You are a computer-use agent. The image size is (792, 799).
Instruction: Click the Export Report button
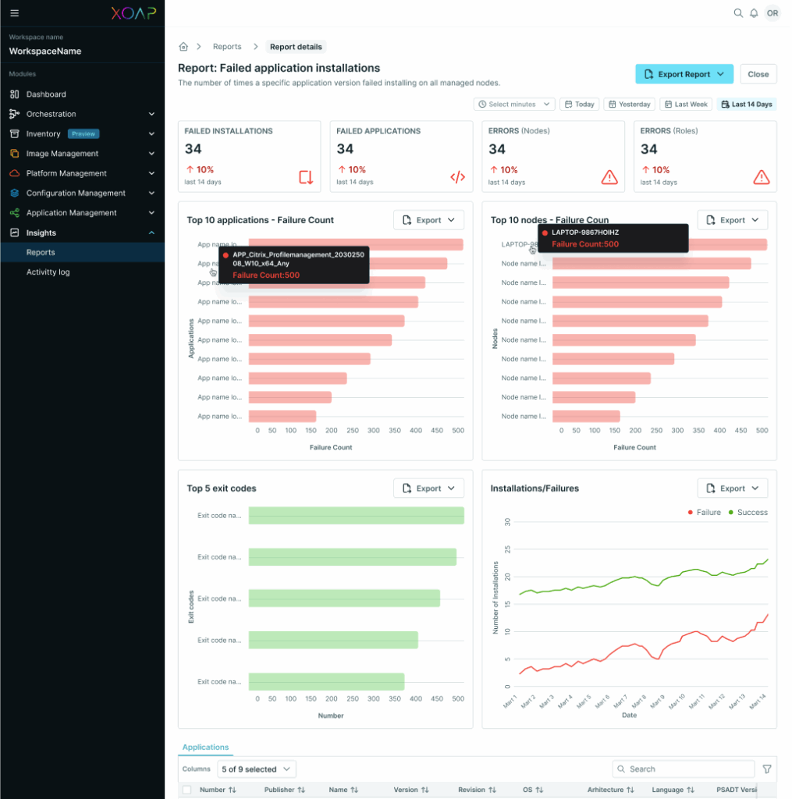pos(684,74)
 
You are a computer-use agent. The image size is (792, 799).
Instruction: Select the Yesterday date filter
pos(629,105)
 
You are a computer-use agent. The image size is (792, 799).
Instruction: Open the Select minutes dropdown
pos(516,105)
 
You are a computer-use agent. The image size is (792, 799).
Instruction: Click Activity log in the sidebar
pos(48,272)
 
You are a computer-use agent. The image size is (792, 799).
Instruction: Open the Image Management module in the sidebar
pos(62,154)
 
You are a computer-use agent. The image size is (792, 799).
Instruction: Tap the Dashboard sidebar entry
pos(46,94)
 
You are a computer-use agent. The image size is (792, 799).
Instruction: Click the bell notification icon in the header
pos(754,13)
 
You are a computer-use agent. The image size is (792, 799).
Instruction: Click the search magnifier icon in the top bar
pos(738,13)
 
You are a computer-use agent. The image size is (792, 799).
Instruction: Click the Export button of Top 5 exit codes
pos(428,488)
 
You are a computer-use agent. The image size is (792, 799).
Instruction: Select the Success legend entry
pos(748,513)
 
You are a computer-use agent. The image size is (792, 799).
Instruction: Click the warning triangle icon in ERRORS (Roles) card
pos(761,177)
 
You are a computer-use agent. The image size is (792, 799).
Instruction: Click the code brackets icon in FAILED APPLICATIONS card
pos(457,177)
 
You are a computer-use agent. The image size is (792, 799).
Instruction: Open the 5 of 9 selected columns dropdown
pos(257,769)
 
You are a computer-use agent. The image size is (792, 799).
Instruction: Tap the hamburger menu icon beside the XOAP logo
pos(14,13)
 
